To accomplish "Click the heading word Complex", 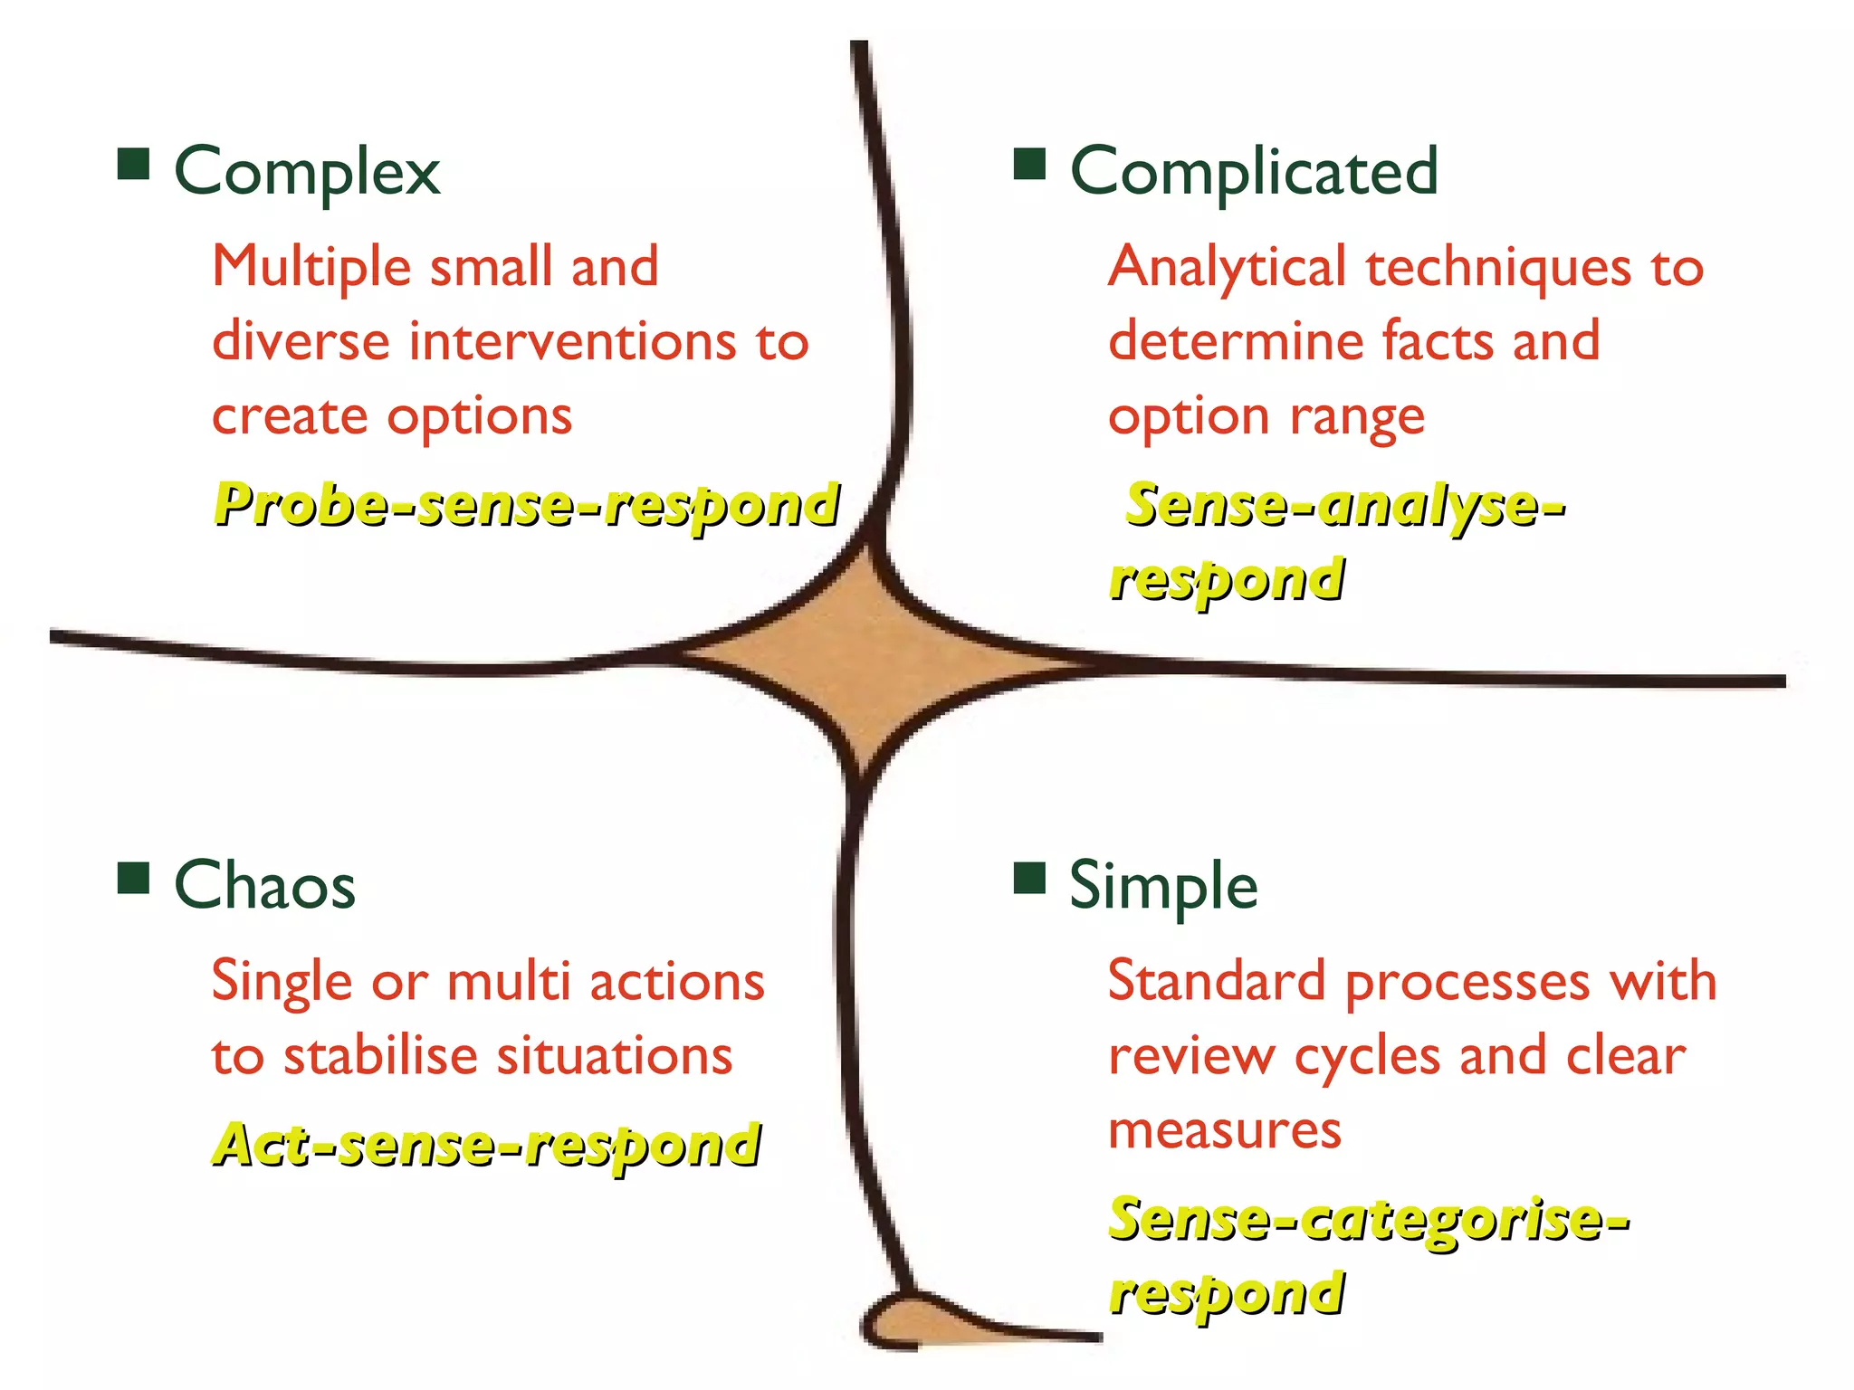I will (x=307, y=172).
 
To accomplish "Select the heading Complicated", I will (x=1254, y=172).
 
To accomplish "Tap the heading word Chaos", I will (x=264, y=885).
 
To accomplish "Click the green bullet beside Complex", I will (x=134, y=165).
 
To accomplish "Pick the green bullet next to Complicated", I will (x=1029, y=165).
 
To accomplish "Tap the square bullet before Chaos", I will (x=134, y=878).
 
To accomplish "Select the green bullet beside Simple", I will (x=1029, y=878).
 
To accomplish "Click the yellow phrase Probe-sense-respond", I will (x=526, y=505).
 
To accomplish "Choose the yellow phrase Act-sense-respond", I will (x=487, y=1146).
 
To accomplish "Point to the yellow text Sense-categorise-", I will (x=1369, y=1220).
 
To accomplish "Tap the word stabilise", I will (x=380, y=1056).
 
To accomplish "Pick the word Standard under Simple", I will (x=1217, y=981).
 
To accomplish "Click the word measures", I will (x=1225, y=1131).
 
